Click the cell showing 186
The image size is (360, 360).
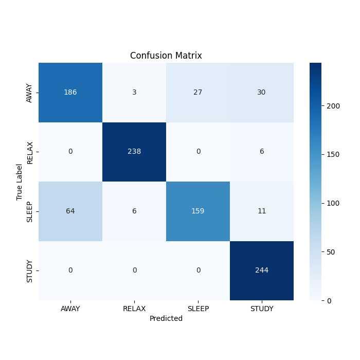tap(70, 93)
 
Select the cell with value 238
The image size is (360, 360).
tap(134, 152)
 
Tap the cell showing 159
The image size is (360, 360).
tap(198, 211)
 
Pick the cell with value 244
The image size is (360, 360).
tap(262, 270)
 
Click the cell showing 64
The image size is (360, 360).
tap(70, 211)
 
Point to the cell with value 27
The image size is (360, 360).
tap(198, 93)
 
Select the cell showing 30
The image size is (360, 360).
tap(262, 93)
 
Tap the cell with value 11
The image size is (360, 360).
tap(262, 211)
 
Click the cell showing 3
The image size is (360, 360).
tap(134, 93)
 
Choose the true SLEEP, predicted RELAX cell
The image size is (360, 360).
tap(134, 211)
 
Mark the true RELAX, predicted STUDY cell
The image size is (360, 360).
tap(262, 152)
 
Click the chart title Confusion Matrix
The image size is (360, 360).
tap(166, 56)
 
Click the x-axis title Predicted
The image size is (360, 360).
tap(166, 318)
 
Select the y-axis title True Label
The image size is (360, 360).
tap(20, 182)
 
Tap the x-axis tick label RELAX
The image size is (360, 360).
tap(134, 309)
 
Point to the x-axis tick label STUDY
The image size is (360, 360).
tap(262, 309)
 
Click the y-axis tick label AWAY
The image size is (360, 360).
tap(30, 93)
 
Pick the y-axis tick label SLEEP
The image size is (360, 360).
tap(30, 211)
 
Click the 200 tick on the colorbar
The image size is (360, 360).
tap(333, 106)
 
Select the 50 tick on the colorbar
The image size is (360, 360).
tap(331, 251)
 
